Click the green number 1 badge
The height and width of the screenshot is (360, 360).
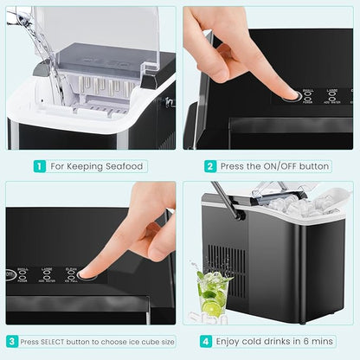[x=40, y=165]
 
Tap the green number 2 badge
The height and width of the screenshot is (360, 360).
[x=210, y=165]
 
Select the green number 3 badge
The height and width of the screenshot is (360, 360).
[x=12, y=342]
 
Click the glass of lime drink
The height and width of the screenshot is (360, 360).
[x=212, y=292]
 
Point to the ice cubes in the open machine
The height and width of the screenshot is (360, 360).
[x=299, y=205]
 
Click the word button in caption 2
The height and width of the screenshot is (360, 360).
[x=313, y=165]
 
